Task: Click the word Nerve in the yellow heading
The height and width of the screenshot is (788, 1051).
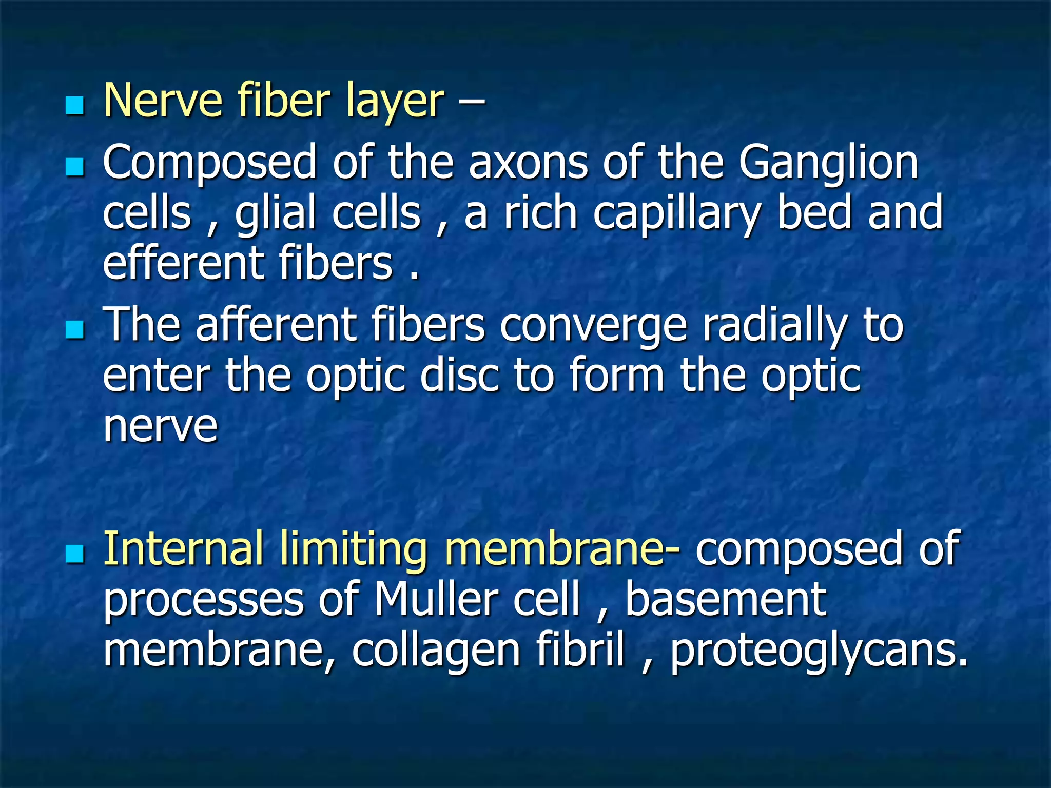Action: pos(163,101)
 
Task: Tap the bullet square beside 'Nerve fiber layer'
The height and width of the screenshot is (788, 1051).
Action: pos(75,106)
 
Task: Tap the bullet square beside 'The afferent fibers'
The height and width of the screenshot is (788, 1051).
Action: pos(75,329)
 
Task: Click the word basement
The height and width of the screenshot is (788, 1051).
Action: pos(725,600)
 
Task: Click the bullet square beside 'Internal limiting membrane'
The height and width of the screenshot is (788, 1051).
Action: pos(75,554)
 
